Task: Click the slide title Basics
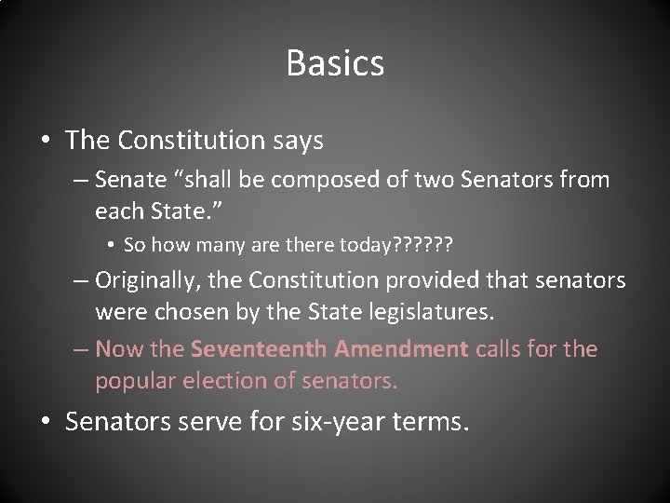[x=335, y=63]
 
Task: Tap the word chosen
[x=193, y=310]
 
